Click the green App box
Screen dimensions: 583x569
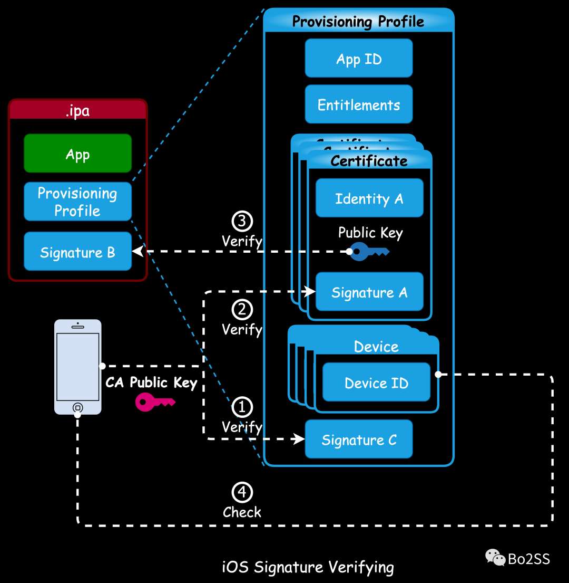[x=77, y=154]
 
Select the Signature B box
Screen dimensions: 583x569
[x=77, y=252]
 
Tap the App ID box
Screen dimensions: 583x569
[x=359, y=58]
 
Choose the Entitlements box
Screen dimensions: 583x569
[x=359, y=104]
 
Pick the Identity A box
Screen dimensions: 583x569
[x=369, y=198]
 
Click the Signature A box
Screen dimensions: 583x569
[x=369, y=292]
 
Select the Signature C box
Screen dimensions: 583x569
[x=359, y=439]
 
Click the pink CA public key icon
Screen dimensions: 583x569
[x=153, y=402]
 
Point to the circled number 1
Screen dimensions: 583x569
[x=242, y=407]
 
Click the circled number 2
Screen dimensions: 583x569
[x=242, y=310]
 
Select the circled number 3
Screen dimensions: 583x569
[x=242, y=222]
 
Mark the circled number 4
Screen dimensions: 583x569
[x=242, y=492]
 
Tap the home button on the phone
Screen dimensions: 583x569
[x=77, y=407]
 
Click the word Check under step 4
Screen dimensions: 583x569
[x=242, y=512]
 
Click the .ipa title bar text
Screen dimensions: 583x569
[x=77, y=111]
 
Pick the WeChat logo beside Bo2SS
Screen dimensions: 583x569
[x=495, y=557]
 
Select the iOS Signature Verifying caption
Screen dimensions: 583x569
[x=308, y=567]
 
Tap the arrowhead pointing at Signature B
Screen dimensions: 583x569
[x=137, y=252]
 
